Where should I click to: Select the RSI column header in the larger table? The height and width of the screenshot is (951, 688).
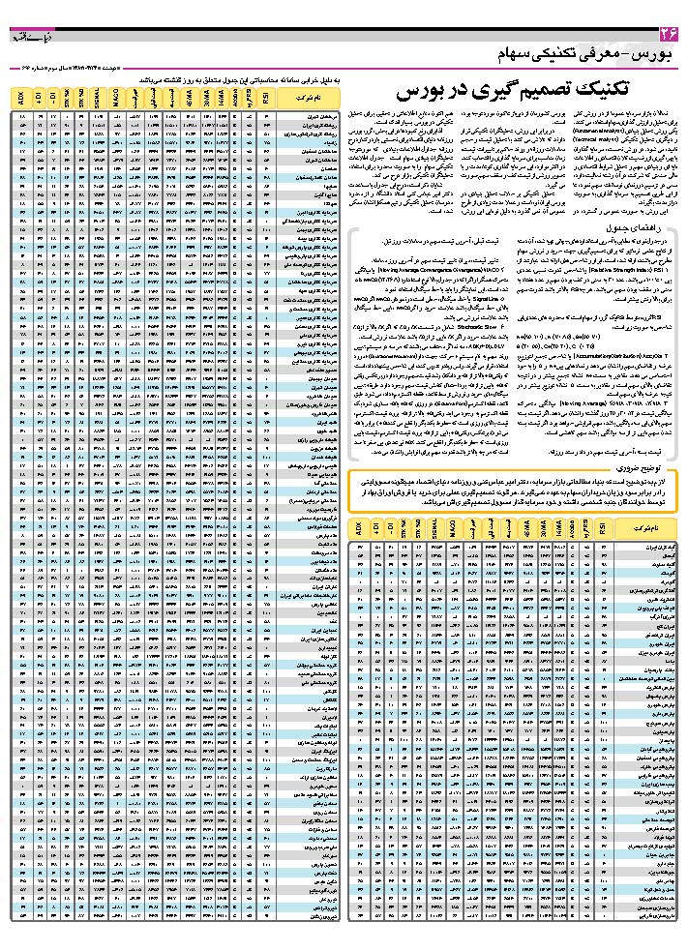click(x=264, y=98)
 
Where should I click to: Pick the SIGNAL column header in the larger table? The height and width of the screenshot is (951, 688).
click(x=97, y=98)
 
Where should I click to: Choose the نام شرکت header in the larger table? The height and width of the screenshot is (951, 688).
click(x=302, y=98)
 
